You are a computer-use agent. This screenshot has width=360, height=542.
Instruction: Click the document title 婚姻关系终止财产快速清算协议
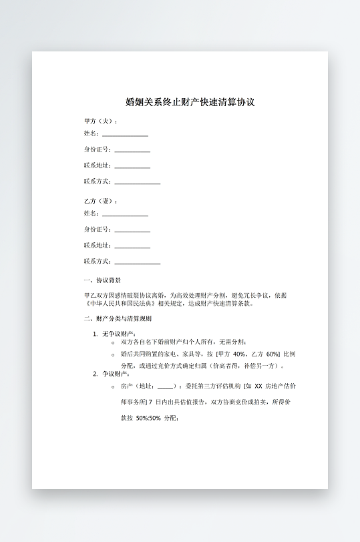click(190, 102)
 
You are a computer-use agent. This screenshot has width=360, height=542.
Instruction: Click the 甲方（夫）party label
click(101, 121)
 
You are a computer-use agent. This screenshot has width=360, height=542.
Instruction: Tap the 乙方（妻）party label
click(101, 201)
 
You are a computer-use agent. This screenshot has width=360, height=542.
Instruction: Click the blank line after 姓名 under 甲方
click(125, 135)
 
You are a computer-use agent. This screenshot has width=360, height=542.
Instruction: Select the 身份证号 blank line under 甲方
click(132, 151)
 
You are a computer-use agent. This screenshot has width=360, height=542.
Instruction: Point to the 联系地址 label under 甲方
click(98, 165)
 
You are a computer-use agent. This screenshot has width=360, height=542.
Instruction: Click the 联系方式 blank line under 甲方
click(137, 182)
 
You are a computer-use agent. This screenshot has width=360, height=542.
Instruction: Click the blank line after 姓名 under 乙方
click(125, 215)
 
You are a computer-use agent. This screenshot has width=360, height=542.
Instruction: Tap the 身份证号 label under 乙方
click(98, 229)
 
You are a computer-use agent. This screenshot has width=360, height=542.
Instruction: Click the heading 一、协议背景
click(102, 280)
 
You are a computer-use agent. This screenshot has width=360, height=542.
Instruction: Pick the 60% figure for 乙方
click(273, 354)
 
